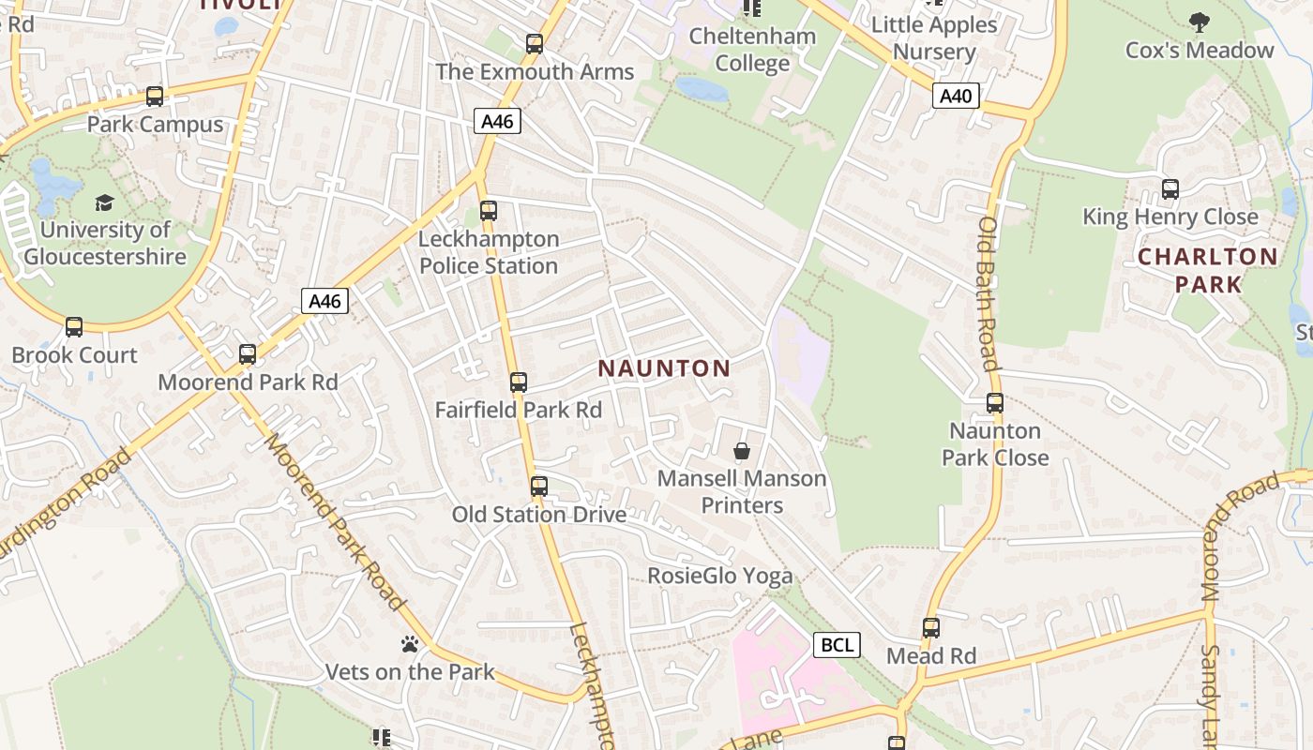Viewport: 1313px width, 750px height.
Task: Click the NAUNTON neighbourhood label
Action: [664, 368]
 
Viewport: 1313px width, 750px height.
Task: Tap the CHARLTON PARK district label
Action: [1208, 270]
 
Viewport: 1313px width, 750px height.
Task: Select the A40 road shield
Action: [957, 96]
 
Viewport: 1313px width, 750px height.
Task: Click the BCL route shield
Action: [837, 645]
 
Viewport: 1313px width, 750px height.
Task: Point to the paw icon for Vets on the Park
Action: [409, 645]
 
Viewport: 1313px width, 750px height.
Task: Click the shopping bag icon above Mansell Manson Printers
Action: [742, 452]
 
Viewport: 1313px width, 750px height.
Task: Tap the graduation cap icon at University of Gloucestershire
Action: [104, 202]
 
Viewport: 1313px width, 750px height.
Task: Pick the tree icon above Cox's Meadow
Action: [1199, 22]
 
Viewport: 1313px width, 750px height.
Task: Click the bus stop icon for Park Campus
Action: [155, 97]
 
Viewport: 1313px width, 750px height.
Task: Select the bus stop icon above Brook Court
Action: [74, 327]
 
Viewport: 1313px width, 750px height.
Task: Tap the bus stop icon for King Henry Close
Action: [1170, 189]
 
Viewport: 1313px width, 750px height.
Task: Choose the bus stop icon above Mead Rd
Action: [931, 628]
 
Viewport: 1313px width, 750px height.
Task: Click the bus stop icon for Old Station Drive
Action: [538, 487]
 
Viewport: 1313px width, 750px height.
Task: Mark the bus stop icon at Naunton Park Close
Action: [995, 403]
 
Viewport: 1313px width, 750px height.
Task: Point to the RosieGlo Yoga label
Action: [720, 576]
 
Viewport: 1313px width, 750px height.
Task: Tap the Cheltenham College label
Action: [752, 50]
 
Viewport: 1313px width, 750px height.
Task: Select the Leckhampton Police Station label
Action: [489, 252]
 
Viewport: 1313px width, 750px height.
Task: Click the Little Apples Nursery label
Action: [934, 37]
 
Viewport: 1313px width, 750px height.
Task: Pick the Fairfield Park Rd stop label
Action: [519, 410]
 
